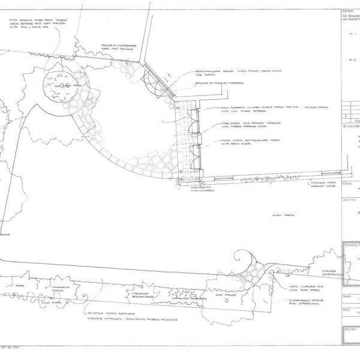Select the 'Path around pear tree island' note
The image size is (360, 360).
(x=38, y=26)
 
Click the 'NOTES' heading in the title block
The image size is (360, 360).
(x=346, y=11)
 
